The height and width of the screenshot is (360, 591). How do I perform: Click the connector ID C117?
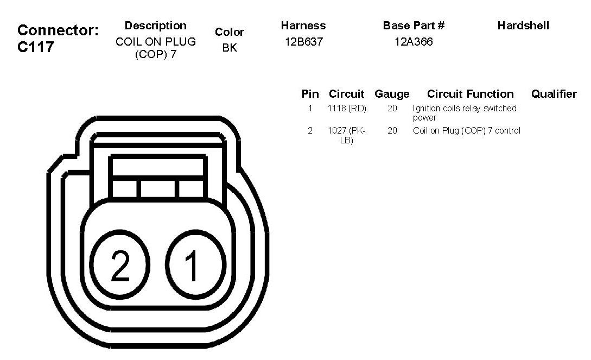[x=36, y=47]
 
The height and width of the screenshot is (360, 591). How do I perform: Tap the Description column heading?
[x=156, y=26]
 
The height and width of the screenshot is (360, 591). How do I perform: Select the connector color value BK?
[x=230, y=48]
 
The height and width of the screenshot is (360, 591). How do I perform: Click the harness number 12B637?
[x=304, y=41]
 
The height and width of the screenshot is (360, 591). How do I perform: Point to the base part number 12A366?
[x=414, y=41]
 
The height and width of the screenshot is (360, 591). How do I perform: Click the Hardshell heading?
[x=523, y=26]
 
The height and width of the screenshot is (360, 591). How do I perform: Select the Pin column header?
[x=310, y=94]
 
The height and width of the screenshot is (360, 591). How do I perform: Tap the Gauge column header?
[x=392, y=94]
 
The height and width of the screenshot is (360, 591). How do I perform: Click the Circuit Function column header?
[x=471, y=94]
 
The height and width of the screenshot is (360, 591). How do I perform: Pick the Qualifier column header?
[x=554, y=94]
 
